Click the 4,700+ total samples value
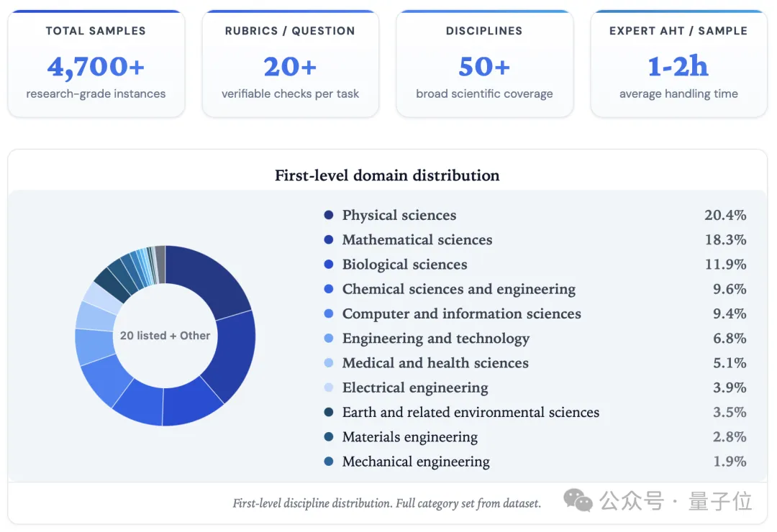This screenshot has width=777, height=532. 96,67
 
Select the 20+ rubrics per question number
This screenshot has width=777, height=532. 290,67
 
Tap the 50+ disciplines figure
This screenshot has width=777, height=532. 484,67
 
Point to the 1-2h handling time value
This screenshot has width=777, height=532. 678,67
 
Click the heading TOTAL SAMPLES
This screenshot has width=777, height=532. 96,31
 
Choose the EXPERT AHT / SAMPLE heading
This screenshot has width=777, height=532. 678,31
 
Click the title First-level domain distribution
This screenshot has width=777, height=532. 387,175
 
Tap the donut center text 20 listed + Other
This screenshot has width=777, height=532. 165,336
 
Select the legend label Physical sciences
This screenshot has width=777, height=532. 399,215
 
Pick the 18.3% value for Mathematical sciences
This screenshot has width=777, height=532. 725,240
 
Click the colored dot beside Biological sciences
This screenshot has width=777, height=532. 329,265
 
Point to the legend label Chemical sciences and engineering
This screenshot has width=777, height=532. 459,289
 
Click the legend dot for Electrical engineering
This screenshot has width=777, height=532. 329,387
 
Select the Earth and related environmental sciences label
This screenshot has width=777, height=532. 471,412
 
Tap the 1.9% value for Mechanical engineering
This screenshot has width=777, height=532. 730,462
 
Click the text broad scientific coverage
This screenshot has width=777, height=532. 484,93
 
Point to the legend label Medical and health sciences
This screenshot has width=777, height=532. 435,363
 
